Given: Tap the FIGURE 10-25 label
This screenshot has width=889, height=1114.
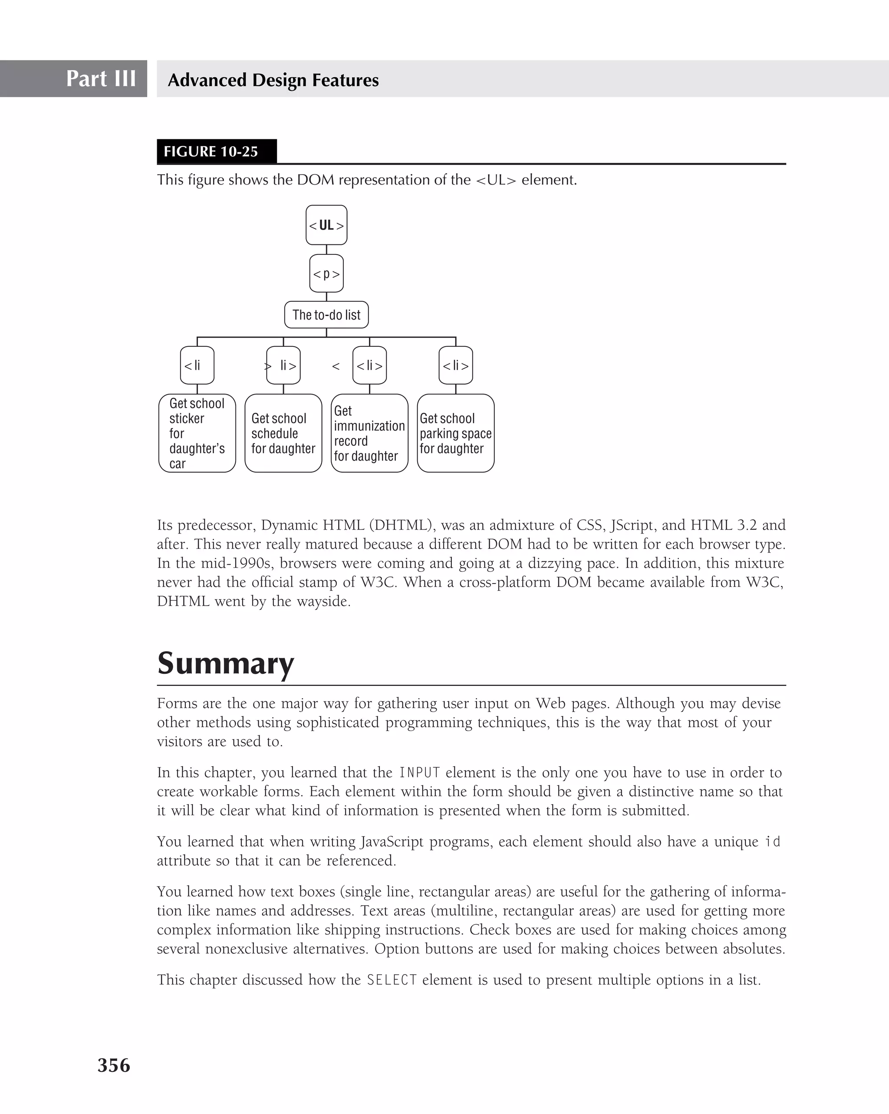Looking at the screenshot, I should [211, 152].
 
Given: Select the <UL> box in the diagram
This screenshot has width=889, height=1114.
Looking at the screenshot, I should [326, 225].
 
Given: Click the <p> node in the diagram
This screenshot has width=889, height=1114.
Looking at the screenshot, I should [326, 274].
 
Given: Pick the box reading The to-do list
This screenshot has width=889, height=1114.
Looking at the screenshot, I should [326, 315].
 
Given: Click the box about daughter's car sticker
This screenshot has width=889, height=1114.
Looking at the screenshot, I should [197, 433].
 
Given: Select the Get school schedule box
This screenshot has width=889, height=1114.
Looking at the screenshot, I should [283, 433].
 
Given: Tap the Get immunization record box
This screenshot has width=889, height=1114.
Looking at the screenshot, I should [369, 433].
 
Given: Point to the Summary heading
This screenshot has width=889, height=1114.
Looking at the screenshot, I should [225, 663].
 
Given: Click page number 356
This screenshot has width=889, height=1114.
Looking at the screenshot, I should [114, 1065].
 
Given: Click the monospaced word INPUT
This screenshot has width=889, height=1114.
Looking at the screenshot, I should [419, 772].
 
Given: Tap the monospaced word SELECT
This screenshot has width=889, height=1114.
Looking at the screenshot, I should [392, 980].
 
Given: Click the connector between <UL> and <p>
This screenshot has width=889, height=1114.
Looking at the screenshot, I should [326, 250].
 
